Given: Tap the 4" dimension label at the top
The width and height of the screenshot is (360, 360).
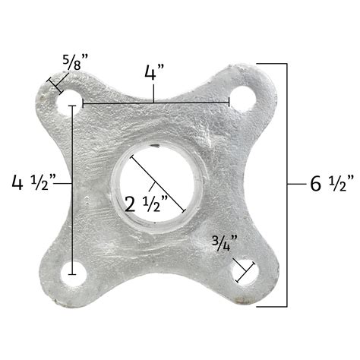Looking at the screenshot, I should click(x=156, y=74).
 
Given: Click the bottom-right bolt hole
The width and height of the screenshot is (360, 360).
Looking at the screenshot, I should click(x=253, y=274).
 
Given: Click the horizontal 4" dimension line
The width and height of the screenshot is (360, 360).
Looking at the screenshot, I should click(x=156, y=102).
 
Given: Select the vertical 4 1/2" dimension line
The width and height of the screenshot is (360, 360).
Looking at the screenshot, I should click(x=73, y=190).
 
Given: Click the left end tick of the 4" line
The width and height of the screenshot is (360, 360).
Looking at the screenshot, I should click(x=84, y=102).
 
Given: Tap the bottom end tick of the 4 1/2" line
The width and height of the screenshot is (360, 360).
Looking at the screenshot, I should click(x=73, y=272).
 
